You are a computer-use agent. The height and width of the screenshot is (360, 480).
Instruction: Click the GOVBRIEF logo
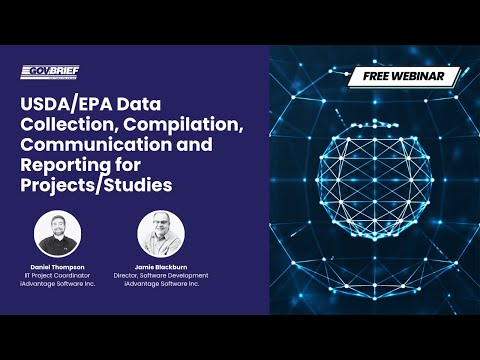tap(50, 71)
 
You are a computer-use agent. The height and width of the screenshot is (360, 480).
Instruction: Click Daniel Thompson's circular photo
tap(57, 234)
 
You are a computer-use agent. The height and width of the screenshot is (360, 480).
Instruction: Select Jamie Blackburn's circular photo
tap(160, 234)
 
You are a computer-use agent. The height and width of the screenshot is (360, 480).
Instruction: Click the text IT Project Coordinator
tap(57, 277)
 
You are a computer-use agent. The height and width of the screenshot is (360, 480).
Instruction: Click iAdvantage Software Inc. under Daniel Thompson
tap(57, 285)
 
